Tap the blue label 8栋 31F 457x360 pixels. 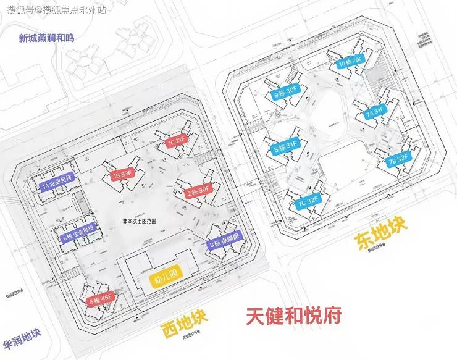pyautogui.click(x=285, y=147)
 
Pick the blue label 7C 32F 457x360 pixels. pyautogui.click(x=306, y=201)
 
